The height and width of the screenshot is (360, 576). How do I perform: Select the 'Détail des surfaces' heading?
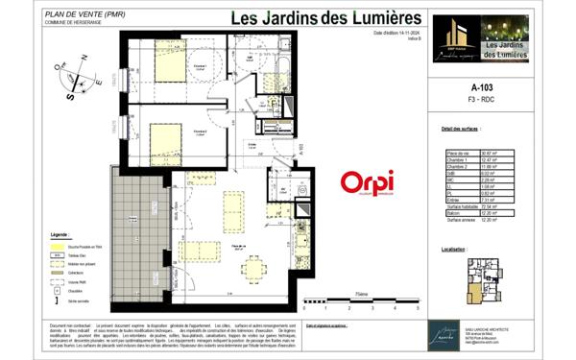(x=461, y=128)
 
